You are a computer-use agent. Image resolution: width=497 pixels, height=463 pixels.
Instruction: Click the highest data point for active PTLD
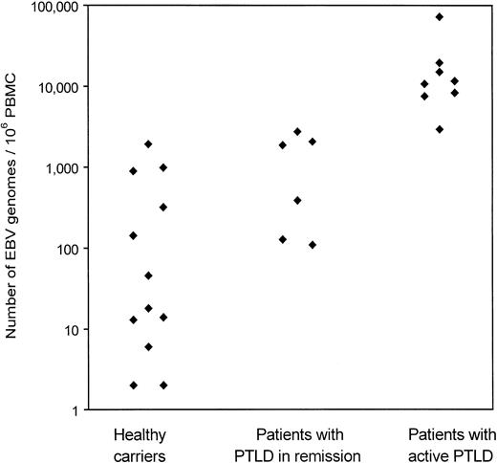pyautogui.click(x=440, y=17)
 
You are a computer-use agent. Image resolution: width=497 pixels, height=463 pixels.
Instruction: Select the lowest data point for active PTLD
pyautogui.click(x=440, y=129)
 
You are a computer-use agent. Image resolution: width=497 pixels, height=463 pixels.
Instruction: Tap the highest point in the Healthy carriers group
pyautogui.click(x=148, y=144)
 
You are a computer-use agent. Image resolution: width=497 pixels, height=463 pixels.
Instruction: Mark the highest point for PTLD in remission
pyautogui.click(x=297, y=132)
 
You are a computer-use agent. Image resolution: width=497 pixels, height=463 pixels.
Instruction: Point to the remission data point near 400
pyautogui.click(x=297, y=201)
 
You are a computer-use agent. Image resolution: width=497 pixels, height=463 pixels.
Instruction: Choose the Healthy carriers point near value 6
pyautogui.click(x=148, y=347)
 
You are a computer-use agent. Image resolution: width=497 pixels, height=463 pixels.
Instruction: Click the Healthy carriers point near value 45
pyautogui.click(x=148, y=276)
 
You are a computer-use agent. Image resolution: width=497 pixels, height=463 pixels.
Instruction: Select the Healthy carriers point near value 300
pyautogui.click(x=163, y=207)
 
